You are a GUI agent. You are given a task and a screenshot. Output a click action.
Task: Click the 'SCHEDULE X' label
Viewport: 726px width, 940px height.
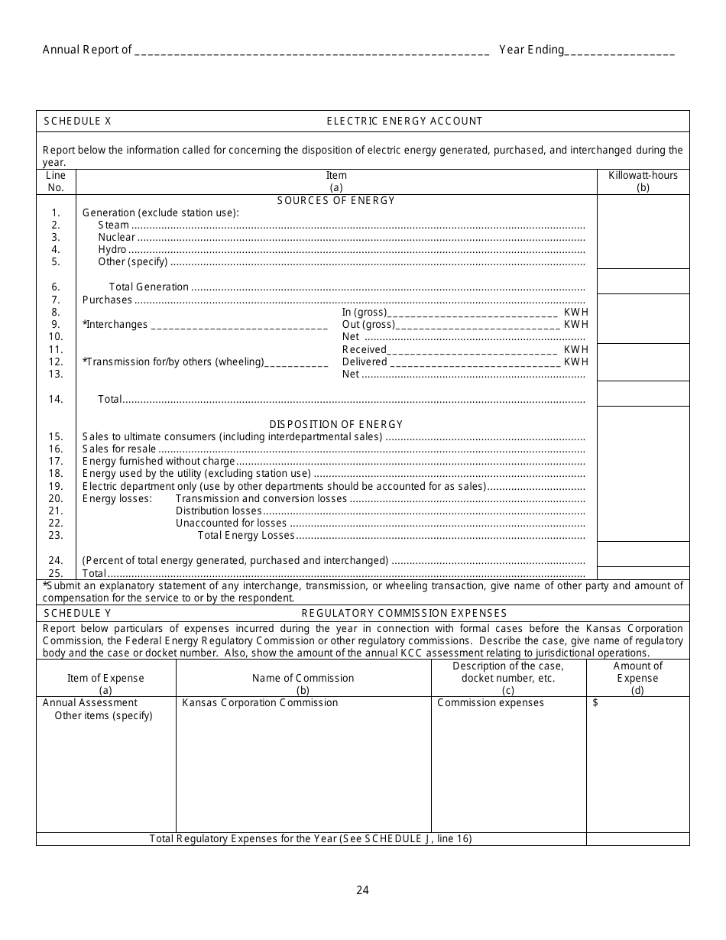coord(77,121)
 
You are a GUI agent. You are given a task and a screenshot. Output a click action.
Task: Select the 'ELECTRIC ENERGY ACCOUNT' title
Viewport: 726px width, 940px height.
coord(404,121)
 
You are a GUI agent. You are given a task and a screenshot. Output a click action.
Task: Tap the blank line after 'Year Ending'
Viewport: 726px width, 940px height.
coord(620,50)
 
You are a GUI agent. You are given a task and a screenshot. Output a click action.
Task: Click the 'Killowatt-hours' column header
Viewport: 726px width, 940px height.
coord(643,175)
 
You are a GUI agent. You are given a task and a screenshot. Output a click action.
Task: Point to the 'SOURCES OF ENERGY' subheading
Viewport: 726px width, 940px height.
coord(336,200)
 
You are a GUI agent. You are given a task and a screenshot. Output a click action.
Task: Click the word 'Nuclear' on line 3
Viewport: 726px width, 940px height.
coord(116,237)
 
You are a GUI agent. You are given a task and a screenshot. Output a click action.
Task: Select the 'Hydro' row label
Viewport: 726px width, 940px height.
coord(112,250)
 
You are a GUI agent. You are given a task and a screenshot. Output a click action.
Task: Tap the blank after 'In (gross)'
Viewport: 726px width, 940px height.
coord(474,312)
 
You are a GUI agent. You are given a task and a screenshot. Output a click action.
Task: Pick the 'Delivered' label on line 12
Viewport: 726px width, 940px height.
coord(365,361)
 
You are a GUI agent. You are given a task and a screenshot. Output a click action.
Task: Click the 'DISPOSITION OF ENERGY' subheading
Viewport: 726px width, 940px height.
coord(336,424)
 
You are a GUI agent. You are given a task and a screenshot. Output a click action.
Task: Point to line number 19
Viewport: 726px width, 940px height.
coord(56,486)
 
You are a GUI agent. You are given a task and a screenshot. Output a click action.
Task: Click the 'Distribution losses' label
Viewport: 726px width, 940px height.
coord(219,511)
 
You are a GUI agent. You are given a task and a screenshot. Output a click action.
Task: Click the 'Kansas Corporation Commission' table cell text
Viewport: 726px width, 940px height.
coord(260,702)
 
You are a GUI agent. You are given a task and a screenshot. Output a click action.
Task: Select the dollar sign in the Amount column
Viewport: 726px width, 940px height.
coord(595,703)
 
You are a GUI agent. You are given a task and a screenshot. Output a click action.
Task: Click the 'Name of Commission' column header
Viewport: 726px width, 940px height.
coord(303,678)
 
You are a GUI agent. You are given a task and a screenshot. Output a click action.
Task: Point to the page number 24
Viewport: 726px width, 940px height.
coord(362,890)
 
